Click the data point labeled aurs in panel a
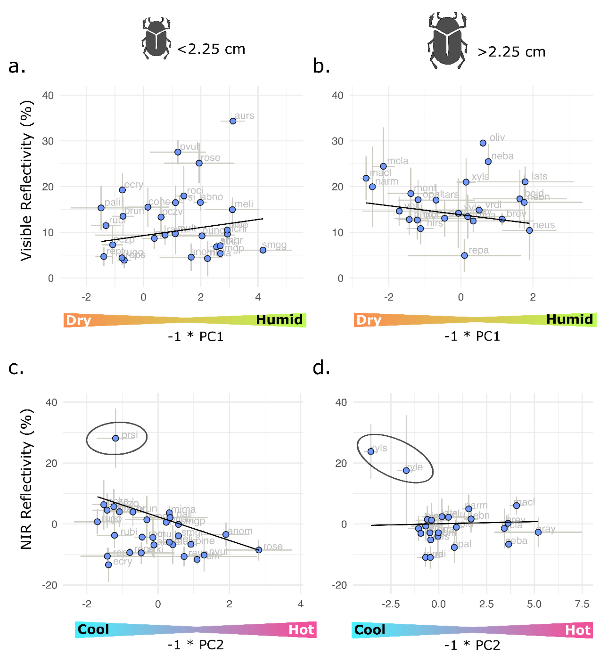click(x=233, y=121)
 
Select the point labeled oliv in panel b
click(x=483, y=143)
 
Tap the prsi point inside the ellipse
click(x=115, y=438)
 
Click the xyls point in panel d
click(x=371, y=452)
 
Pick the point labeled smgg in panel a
click(x=263, y=250)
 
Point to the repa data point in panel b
click(x=464, y=255)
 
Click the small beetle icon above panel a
click(x=156, y=39)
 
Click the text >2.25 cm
click(x=511, y=52)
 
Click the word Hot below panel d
click(x=578, y=630)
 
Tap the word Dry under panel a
click(x=78, y=320)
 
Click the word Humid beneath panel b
click(x=569, y=319)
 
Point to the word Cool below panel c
click(x=93, y=630)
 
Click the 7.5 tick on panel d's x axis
click(x=582, y=604)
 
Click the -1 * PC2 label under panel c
click(x=195, y=645)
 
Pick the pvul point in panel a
click(x=178, y=152)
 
